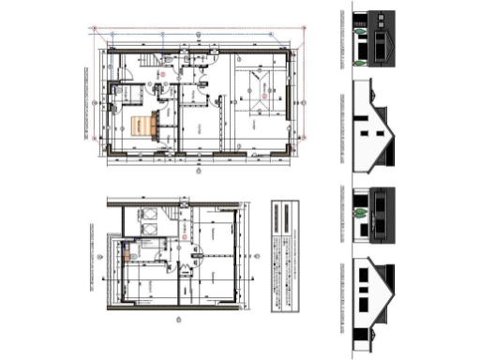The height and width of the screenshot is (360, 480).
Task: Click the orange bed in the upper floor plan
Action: tap(143, 125)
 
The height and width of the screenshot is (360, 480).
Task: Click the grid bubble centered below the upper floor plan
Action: tap(199, 172)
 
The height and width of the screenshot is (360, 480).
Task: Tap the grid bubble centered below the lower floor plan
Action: tap(179, 322)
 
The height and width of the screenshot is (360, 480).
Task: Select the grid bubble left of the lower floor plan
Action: tap(97, 255)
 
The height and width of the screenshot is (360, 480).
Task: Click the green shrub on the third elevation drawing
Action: tap(357, 213)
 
